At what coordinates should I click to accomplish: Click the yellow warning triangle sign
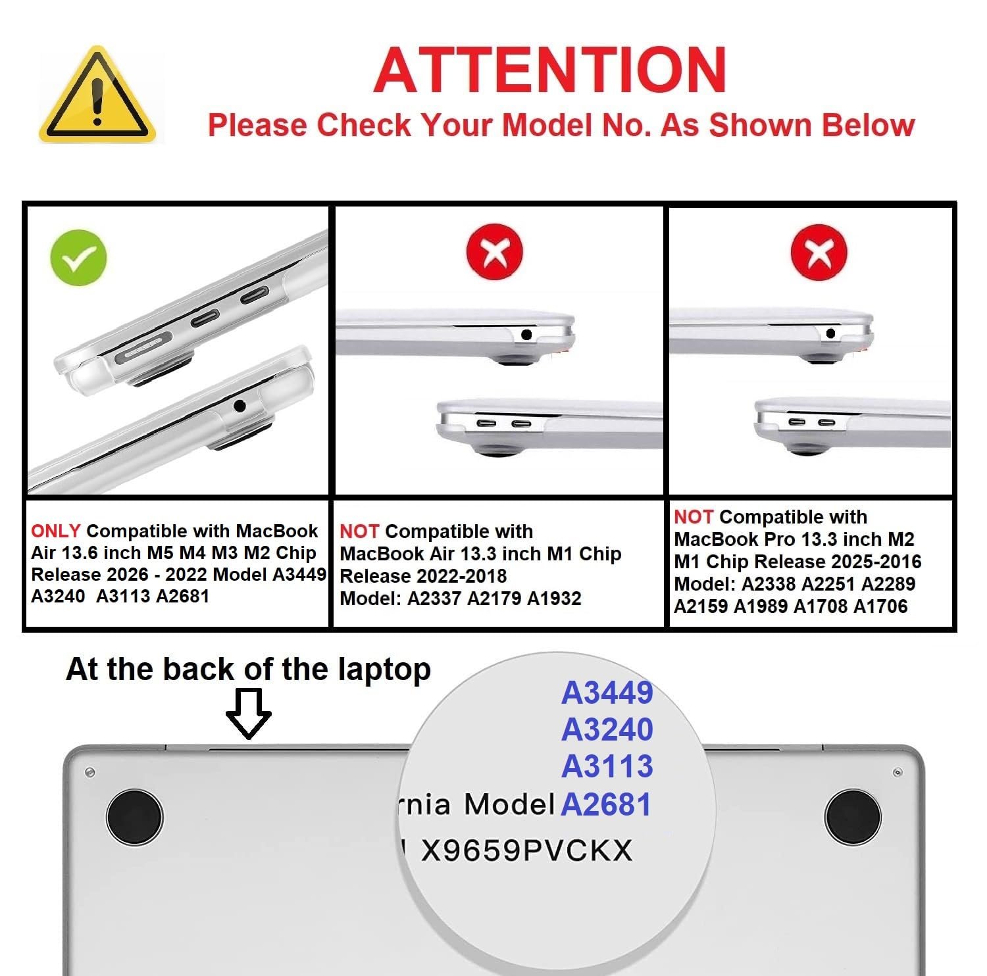97,95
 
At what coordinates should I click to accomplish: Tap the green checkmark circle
78,258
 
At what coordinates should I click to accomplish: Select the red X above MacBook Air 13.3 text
494,253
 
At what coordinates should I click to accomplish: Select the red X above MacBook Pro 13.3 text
819,253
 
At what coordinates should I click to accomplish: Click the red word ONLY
56,531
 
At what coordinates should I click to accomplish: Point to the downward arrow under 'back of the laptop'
248,714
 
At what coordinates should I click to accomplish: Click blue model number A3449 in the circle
607,692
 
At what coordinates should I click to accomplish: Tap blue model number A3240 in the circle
607,729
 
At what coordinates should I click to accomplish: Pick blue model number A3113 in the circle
607,766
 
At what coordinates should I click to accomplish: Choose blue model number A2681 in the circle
606,804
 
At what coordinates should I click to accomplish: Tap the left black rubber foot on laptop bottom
134,816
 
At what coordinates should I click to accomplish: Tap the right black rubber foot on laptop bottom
853,816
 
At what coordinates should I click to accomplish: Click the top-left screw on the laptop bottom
90,772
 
